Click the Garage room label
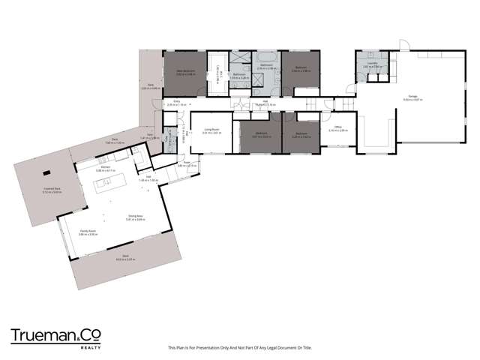pos(412,95)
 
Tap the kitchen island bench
pos(104,182)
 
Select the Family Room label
pos(88,232)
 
